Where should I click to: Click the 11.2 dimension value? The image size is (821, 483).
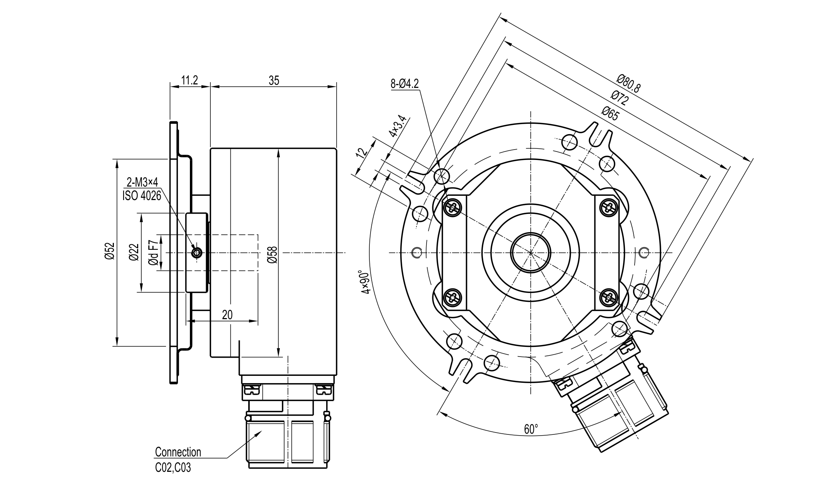pos(190,80)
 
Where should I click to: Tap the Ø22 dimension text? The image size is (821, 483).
pos(134,252)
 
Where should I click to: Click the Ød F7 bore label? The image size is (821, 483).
pos(153,252)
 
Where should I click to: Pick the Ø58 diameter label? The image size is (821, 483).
pos(272,255)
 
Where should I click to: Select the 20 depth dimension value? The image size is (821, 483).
pos(227,315)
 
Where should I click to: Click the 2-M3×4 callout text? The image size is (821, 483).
pos(142,183)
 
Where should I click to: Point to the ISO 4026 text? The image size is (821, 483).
pos(142,196)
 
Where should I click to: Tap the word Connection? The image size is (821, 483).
pos(178,452)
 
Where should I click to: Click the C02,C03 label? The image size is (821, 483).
pos(173,468)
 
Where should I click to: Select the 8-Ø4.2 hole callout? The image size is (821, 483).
pos(405,84)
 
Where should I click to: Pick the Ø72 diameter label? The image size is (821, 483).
pos(620,99)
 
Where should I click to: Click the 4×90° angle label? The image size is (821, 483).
pos(365,282)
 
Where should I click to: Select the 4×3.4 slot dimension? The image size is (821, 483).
pos(398,126)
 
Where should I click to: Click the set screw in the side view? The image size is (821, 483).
pos(197,253)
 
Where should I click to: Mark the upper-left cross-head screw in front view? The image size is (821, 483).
pos(452,208)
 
